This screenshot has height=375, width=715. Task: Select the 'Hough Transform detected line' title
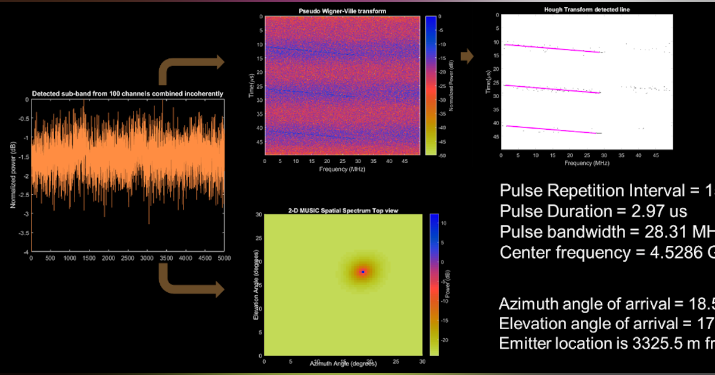[x=586, y=10]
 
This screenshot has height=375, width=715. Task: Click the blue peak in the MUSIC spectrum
[x=362, y=271]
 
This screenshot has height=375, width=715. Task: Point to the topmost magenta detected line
[x=551, y=48]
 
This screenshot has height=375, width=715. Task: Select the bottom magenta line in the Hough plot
[x=551, y=129]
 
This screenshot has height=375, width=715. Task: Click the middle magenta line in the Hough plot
[x=551, y=89]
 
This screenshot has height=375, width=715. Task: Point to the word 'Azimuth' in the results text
[x=526, y=304]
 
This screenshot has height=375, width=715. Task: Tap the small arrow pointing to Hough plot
[x=468, y=57]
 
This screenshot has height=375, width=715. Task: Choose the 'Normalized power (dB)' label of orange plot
[x=13, y=176]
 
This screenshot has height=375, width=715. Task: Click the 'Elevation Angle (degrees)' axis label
[x=254, y=284]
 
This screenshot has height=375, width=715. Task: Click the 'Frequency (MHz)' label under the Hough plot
[x=586, y=162]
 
